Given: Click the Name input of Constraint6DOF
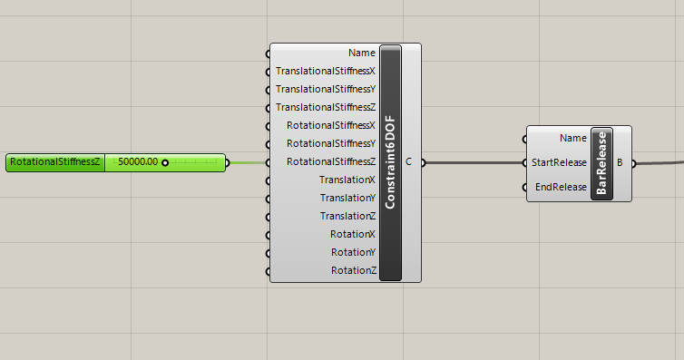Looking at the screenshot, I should pyautogui.click(x=361, y=53).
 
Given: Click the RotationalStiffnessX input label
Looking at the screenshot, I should pyautogui.click(x=330, y=125).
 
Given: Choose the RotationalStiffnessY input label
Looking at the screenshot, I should pyautogui.click(x=330, y=143).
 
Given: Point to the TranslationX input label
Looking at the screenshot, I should pyautogui.click(x=347, y=180).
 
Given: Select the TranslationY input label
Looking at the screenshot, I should pyautogui.click(x=347, y=198).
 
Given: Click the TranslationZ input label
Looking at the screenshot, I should pyautogui.click(x=347, y=216).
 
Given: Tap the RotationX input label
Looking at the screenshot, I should pyautogui.click(x=353, y=234).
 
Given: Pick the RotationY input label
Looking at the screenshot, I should pyautogui.click(x=353, y=252).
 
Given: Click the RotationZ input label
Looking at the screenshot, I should pyautogui.click(x=353, y=270).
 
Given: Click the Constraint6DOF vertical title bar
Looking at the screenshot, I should pyautogui.click(x=390, y=162).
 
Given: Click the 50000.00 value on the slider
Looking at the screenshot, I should pyautogui.click(x=138, y=162).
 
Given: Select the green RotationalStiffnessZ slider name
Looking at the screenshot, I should pyautogui.click(x=54, y=162).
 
